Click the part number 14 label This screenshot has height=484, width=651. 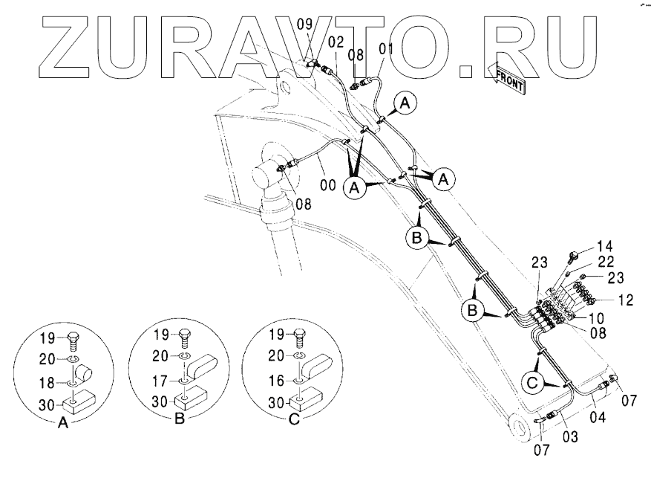606,247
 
